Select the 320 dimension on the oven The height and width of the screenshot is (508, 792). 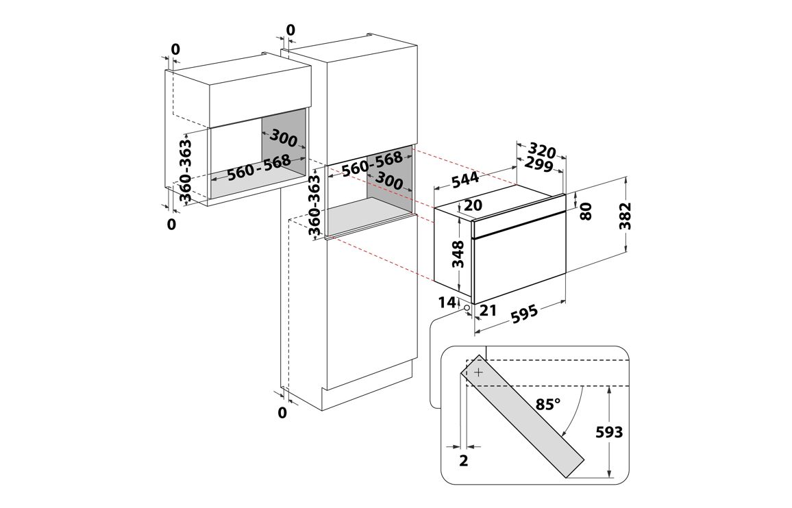(x=543, y=151)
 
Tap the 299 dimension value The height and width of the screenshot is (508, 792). (x=539, y=164)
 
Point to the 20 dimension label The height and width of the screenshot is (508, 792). (x=473, y=205)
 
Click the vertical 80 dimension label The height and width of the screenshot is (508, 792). (x=586, y=211)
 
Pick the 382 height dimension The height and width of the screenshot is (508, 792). (x=626, y=216)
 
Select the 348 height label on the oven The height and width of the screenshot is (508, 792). (x=458, y=254)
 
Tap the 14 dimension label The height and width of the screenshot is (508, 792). (x=447, y=303)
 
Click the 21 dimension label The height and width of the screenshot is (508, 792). (x=488, y=310)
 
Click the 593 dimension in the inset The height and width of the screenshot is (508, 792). (x=609, y=432)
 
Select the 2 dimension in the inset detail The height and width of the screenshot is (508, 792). (x=464, y=461)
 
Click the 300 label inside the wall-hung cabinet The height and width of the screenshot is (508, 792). (x=284, y=138)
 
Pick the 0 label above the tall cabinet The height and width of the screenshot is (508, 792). (x=290, y=30)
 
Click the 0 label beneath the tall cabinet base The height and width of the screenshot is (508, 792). (x=282, y=413)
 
